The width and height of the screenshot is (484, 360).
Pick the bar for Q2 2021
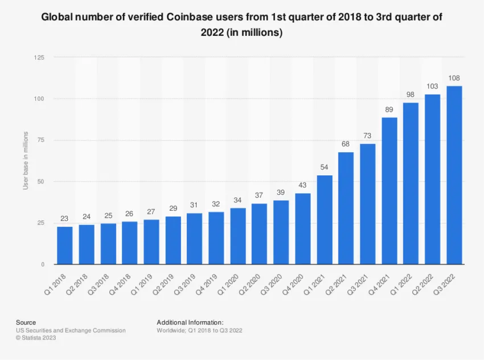[346, 208]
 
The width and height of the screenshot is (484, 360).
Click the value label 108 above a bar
[454, 78]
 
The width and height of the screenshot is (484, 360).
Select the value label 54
[324, 167]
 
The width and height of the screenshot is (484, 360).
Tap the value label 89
[389, 109]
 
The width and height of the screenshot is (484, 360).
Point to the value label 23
[65, 218]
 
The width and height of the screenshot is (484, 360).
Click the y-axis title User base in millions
[26, 161]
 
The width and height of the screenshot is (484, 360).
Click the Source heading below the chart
[26, 322]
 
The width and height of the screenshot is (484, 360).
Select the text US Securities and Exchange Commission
[71, 330]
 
